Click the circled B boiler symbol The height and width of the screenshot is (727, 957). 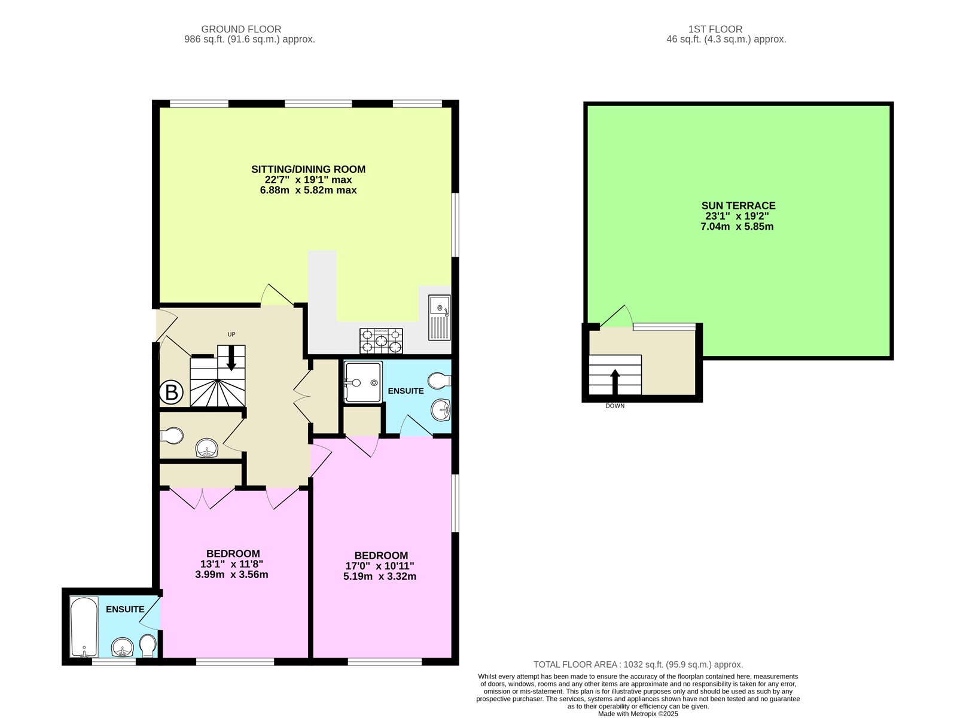[171, 393]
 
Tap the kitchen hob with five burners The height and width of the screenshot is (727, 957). [381, 341]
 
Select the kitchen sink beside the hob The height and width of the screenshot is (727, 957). [440, 317]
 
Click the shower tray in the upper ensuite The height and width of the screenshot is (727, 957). [362, 382]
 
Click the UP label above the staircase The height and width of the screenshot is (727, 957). [231, 334]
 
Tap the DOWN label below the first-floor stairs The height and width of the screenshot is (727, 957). [615, 406]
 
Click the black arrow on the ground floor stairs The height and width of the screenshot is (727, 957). [231, 359]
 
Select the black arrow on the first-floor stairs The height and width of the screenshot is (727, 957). [615, 382]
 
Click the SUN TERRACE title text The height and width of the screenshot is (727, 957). [738, 205]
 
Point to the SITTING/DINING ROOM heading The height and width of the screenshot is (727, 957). [308, 169]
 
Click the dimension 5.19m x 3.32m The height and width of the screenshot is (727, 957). [380, 576]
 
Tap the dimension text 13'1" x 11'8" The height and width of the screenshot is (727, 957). [231, 564]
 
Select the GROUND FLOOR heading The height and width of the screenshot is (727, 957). [241, 29]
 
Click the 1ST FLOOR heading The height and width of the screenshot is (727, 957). [715, 29]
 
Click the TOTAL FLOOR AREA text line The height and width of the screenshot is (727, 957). [638, 664]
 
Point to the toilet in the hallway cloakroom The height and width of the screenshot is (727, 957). [172, 435]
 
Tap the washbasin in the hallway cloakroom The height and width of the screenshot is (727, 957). [207, 448]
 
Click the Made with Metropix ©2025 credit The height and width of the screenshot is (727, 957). [638, 714]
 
